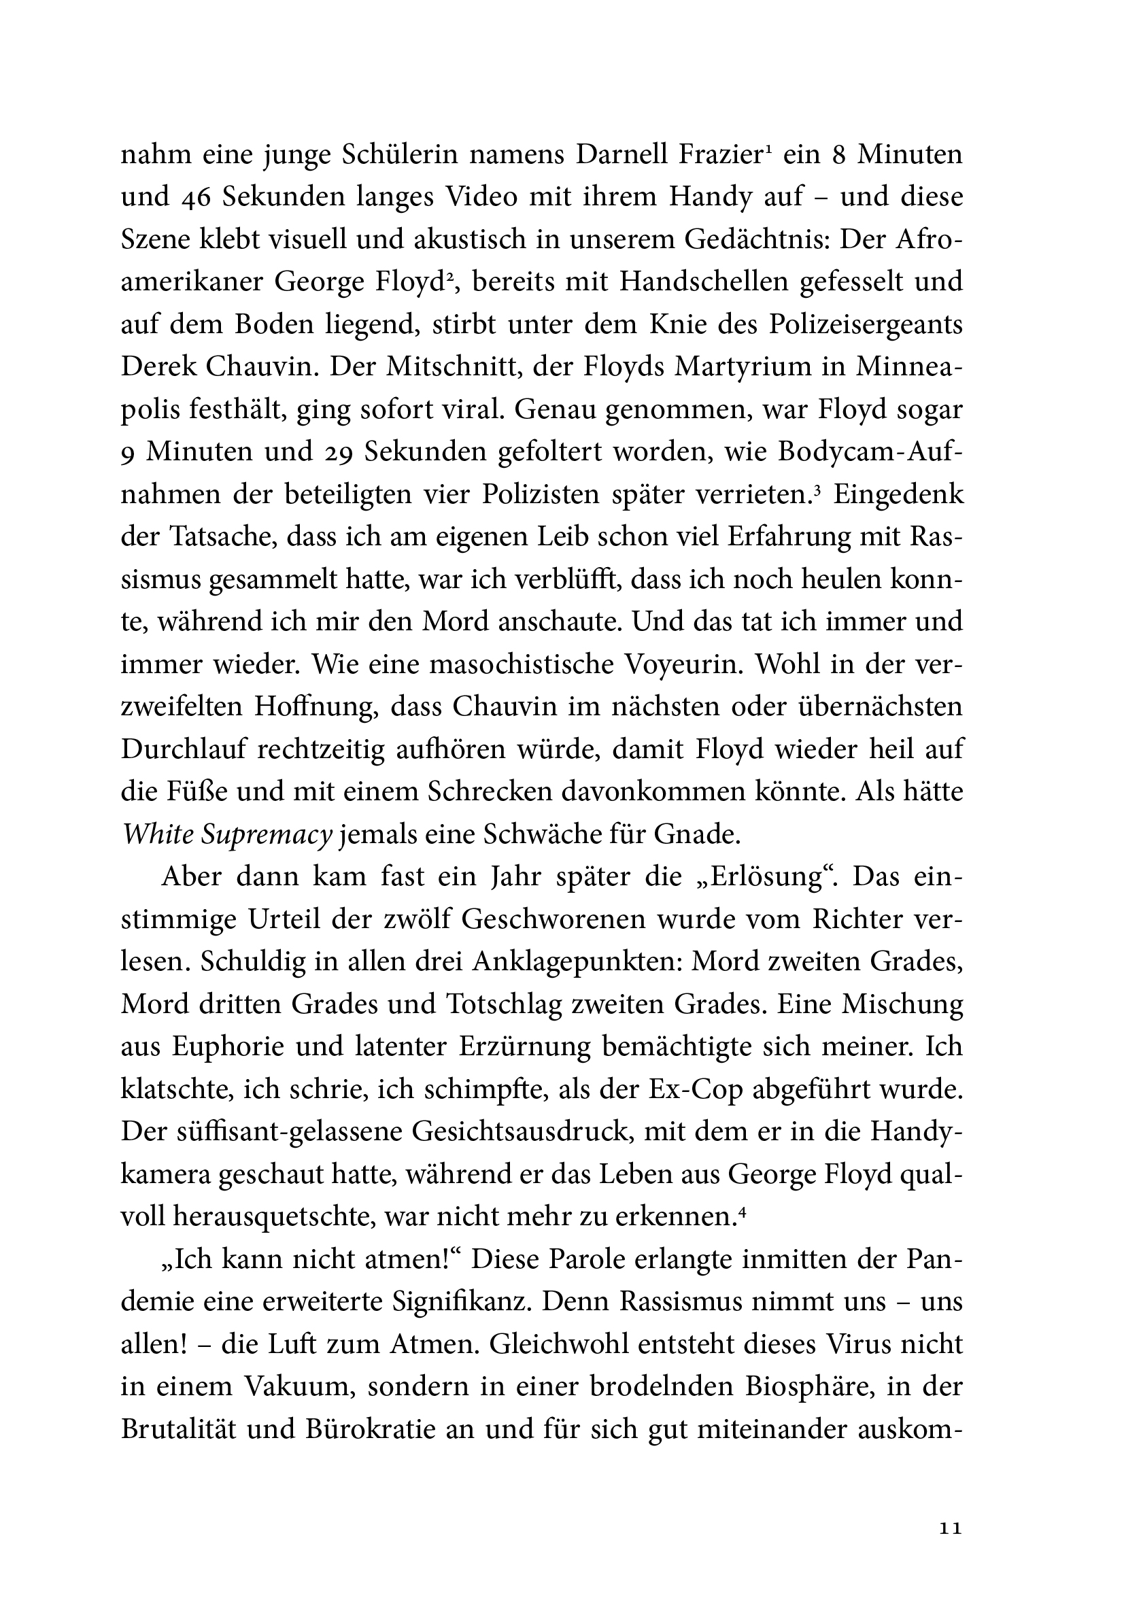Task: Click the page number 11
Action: (951, 1529)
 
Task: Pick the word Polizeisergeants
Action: (866, 324)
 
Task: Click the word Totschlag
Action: (504, 1004)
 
